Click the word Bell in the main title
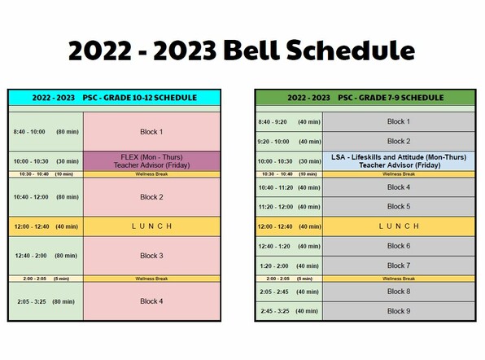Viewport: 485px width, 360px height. coord(251,50)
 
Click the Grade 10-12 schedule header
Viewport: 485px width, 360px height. coord(114,98)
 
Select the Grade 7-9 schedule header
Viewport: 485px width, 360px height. coord(365,98)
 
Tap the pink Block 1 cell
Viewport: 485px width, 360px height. coord(151,132)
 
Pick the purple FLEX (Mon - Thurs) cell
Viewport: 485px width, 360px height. coord(151,161)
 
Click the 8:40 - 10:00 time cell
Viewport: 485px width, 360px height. coord(46,132)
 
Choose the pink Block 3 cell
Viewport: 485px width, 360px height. coord(151,256)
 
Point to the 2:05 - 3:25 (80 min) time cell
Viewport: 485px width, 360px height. coord(46,301)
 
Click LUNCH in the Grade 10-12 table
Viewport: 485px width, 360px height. coord(151,226)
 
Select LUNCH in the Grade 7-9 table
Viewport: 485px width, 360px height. coord(399,226)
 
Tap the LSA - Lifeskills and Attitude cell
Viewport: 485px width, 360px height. coord(399,161)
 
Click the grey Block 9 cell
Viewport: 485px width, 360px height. coord(399,311)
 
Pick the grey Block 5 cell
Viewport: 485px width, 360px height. coord(399,206)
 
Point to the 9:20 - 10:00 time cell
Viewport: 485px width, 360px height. coord(289,142)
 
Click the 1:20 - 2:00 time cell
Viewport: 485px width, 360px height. coord(289,266)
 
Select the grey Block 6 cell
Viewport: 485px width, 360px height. coord(399,246)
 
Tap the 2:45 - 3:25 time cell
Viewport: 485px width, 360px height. coord(289,311)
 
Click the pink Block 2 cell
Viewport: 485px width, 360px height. coord(151,197)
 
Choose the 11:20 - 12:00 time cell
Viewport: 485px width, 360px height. coord(289,206)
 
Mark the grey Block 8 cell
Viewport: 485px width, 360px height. coord(399,292)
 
